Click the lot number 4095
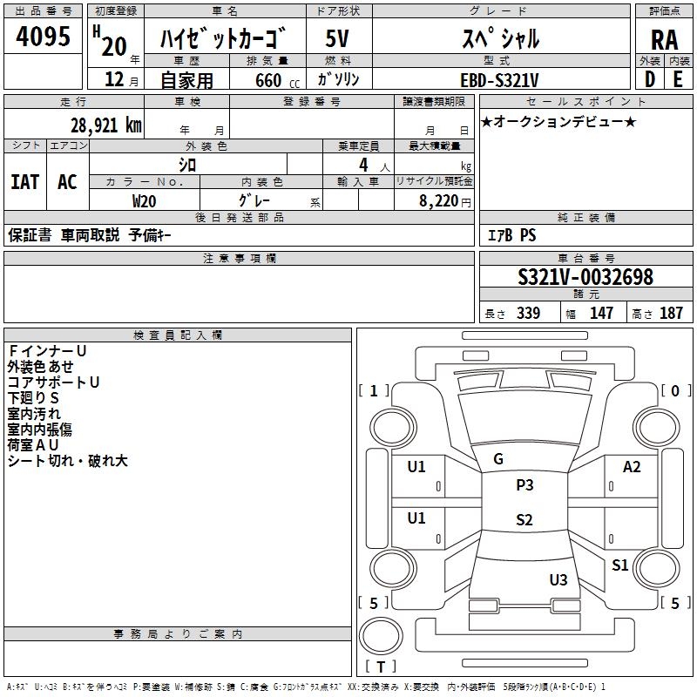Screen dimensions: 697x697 (44, 37)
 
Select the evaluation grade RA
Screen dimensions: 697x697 (664, 38)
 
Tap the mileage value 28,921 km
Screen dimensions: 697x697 (105, 124)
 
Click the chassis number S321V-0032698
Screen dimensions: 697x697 (585, 277)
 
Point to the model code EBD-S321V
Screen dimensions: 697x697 (499, 79)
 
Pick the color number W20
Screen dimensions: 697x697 (145, 200)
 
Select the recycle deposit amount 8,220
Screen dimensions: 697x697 (438, 200)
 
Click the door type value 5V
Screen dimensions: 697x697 (338, 38)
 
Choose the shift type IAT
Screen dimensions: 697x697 (24, 181)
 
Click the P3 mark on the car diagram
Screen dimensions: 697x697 (524, 485)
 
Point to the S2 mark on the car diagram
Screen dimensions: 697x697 (524, 520)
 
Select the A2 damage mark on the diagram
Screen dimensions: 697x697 (632, 467)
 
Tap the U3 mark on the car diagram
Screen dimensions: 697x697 (558, 579)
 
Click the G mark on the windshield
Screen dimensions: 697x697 (498, 459)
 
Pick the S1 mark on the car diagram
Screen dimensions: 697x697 (619, 565)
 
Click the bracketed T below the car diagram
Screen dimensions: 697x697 (381, 667)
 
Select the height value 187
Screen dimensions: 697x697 (671, 313)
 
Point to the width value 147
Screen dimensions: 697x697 (601, 313)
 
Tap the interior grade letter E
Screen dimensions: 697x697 (678, 79)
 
